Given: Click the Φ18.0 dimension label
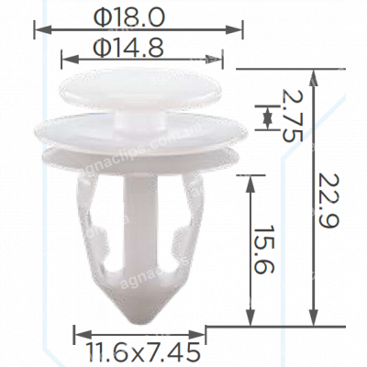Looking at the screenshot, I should click(139, 16).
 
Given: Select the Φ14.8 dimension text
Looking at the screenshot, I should click(142, 47).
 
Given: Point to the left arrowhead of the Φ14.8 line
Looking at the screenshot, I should click(63, 60).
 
